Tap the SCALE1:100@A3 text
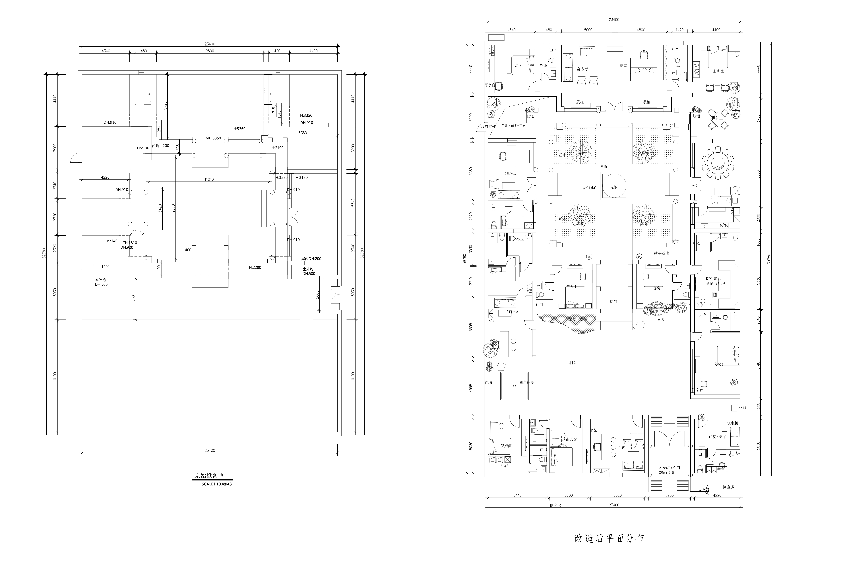217,484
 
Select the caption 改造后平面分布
609,538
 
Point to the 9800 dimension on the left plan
210,51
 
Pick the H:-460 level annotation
185,250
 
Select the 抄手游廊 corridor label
662,253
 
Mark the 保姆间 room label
506,446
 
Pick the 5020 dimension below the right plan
617,495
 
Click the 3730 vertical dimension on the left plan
133,299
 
